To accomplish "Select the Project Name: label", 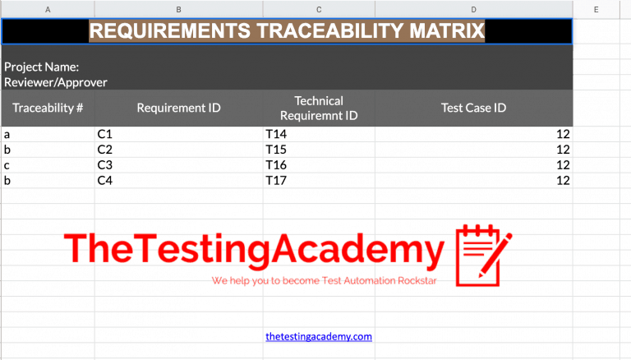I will (41, 67).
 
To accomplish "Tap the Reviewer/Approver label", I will (56, 82).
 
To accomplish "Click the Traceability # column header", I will (48, 108).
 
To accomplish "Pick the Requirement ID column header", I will (178, 108).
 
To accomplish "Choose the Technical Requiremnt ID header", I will (318, 108).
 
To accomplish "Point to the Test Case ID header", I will (473, 108).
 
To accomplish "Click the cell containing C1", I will (104, 134).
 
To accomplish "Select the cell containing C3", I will (104, 165).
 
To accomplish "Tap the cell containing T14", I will (274, 134).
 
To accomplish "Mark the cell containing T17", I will (274, 180).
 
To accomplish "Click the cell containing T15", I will (274, 150).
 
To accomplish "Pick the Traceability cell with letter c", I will (7, 165).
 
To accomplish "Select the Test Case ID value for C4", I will (563, 180).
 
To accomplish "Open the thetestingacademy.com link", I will (319, 336).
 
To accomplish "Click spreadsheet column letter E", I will (596, 9).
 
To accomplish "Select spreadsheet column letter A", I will (48, 9).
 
